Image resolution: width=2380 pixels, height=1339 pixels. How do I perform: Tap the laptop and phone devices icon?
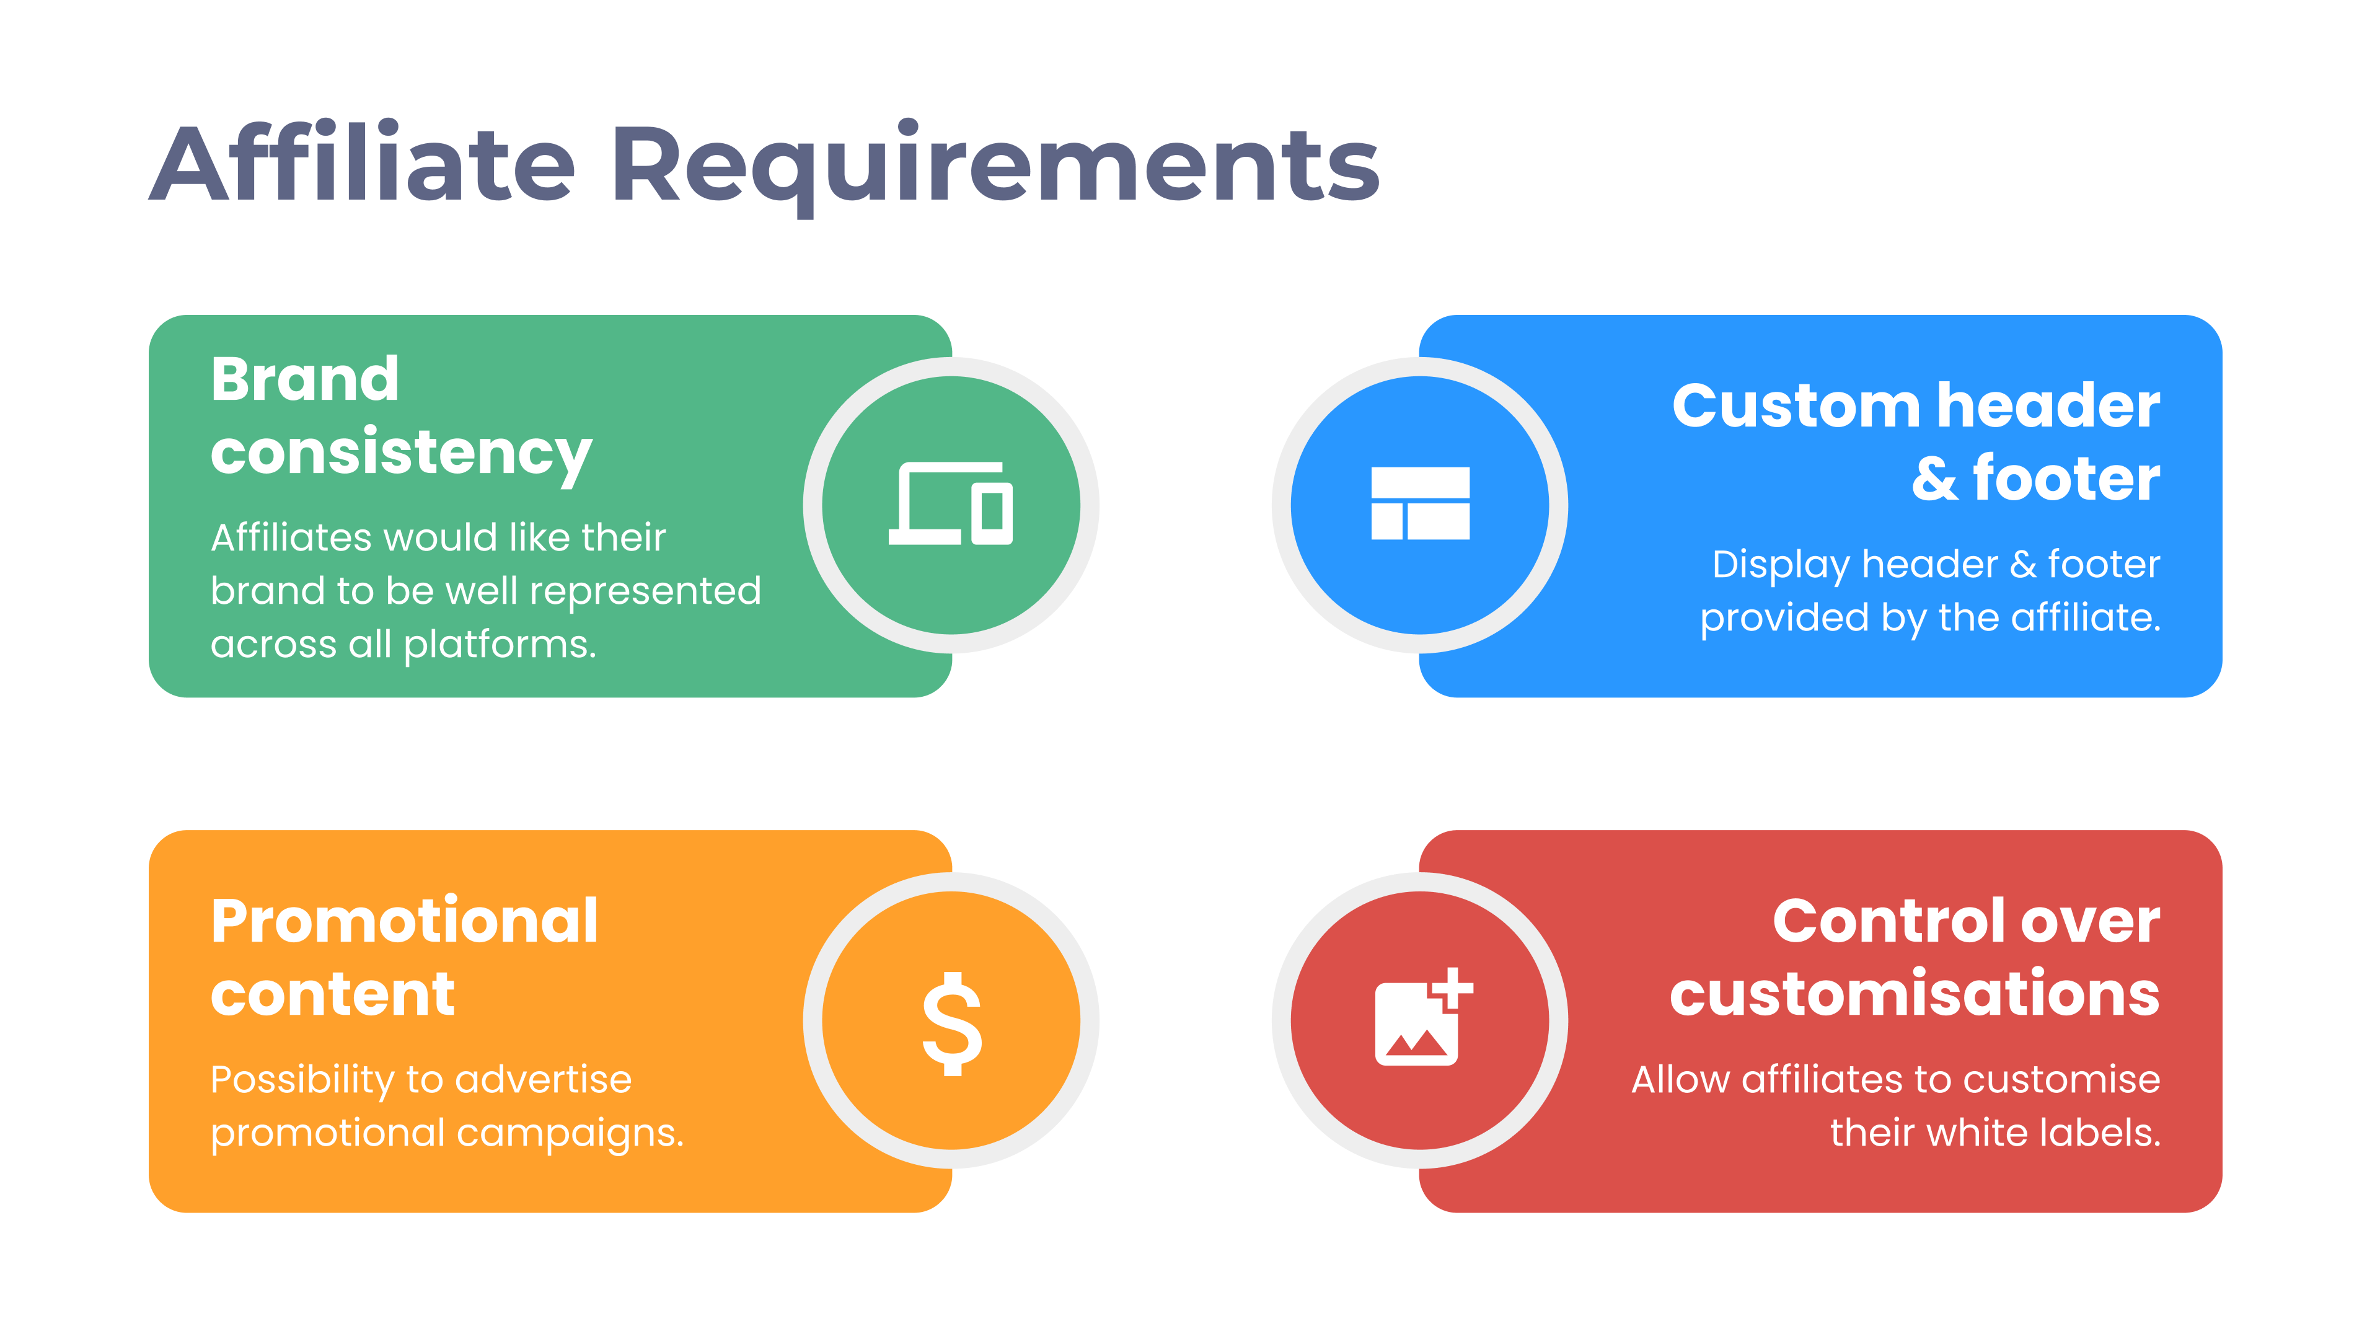coord(951,503)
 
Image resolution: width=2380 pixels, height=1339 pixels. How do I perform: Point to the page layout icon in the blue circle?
coord(1420,503)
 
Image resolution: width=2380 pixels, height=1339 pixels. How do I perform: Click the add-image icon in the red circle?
coord(1424,1017)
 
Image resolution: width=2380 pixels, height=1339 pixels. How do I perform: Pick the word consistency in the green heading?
coord(401,454)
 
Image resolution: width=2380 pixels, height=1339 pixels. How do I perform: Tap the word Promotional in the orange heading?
coord(405,922)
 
